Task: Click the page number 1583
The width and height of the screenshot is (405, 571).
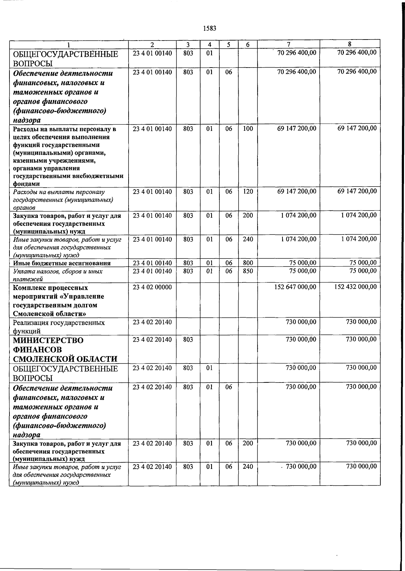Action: (210, 28)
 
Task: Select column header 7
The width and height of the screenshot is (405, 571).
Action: (289, 44)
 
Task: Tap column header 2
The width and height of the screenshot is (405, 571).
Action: (152, 45)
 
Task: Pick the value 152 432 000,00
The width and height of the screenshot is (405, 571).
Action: (356, 287)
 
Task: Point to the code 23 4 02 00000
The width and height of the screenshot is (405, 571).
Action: (152, 287)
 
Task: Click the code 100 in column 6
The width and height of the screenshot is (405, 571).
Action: (248, 128)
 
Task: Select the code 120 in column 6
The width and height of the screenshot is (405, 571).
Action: (248, 192)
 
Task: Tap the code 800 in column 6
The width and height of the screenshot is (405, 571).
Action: (248, 263)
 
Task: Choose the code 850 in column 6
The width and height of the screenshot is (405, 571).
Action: (248, 271)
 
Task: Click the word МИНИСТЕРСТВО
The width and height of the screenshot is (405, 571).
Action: (48, 340)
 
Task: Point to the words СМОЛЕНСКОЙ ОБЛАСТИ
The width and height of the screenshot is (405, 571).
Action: (65, 359)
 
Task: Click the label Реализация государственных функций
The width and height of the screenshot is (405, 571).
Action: (59, 326)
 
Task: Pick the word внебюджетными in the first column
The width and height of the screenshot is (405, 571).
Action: (102, 176)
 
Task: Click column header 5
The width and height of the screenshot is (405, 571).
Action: (229, 45)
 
